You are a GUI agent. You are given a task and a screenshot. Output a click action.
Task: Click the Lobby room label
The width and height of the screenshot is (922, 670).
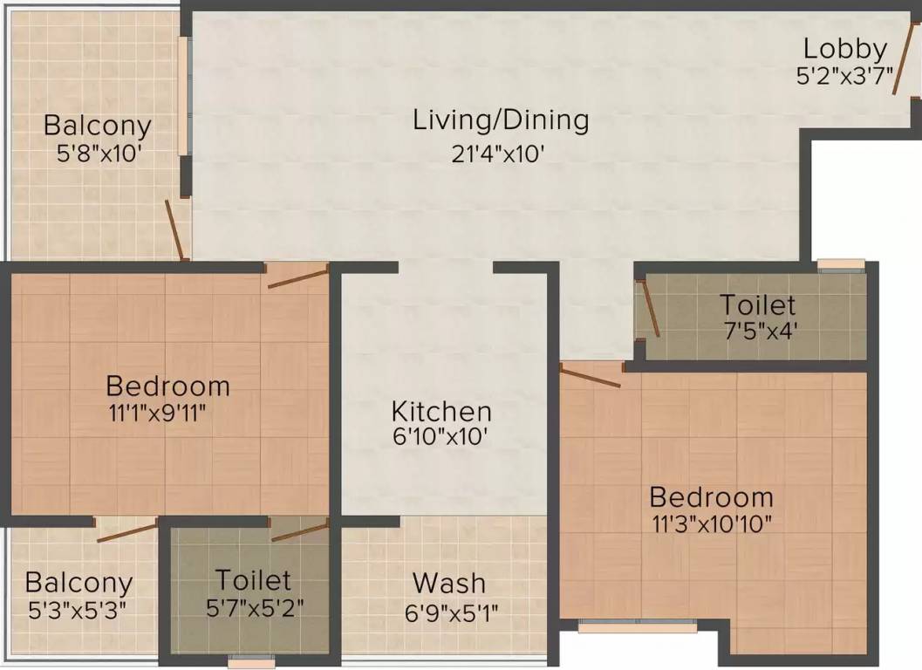pyautogui.click(x=845, y=49)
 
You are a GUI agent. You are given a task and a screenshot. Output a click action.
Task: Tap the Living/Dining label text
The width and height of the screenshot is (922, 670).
pyautogui.click(x=501, y=120)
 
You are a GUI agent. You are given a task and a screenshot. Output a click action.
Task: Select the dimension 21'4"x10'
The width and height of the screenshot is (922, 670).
pyautogui.click(x=498, y=154)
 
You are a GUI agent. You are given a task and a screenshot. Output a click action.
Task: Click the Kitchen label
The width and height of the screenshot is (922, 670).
pyautogui.click(x=441, y=411)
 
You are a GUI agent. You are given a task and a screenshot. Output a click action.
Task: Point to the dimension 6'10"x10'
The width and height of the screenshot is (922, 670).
pyautogui.click(x=441, y=436)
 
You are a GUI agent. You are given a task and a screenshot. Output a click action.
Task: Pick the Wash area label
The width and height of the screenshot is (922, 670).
pyautogui.click(x=449, y=582)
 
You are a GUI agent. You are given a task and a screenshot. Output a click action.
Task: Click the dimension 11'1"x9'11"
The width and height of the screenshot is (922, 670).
pyautogui.click(x=167, y=411)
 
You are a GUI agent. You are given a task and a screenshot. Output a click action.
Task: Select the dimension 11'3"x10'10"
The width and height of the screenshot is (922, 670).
pyautogui.click(x=711, y=523)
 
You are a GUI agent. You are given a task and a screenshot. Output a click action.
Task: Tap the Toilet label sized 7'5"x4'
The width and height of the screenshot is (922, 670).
pyautogui.click(x=757, y=305)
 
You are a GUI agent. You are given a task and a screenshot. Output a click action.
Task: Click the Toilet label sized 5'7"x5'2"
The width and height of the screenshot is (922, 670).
pyautogui.click(x=253, y=579)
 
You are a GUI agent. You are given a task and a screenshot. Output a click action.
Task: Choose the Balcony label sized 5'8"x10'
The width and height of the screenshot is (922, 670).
pyautogui.click(x=97, y=125)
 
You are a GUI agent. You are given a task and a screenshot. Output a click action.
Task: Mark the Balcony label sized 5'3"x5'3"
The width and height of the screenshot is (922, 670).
pyautogui.click(x=79, y=582)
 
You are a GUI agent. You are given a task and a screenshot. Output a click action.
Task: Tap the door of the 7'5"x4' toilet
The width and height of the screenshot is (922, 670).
pyautogui.click(x=650, y=307)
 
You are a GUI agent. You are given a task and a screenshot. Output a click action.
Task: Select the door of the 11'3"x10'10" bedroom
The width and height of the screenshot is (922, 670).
pyautogui.click(x=591, y=377)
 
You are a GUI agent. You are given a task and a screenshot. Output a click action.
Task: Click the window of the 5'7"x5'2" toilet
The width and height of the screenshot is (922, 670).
pyautogui.click(x=251, y=662)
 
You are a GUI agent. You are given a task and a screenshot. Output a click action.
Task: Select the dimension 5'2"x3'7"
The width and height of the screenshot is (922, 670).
pyautogui.click(x=845, y=77)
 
